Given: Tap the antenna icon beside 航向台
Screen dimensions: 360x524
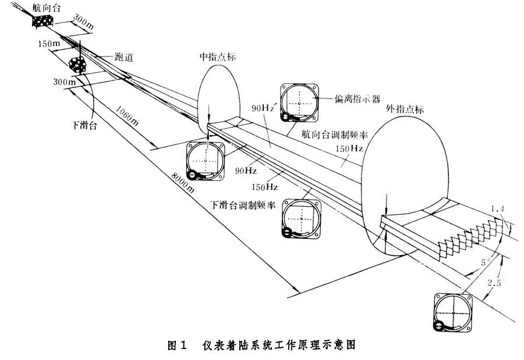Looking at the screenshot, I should point(43,22).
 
